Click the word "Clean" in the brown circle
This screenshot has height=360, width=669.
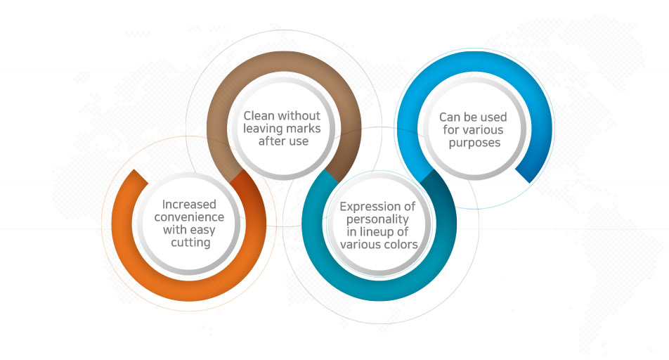pyautogui.click(x=259, y=116)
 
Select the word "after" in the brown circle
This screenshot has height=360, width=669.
pyautogui.click(x=271, y=141)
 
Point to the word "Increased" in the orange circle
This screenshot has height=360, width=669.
pyautogui.click(x=189, y=204)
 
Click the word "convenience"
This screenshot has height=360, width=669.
pyautogui.click(x=189, y=217)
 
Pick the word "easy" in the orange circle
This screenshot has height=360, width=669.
pyautogui.click(x=202, y=231)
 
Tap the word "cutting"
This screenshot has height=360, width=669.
pyautogui.click(x=190, y=243)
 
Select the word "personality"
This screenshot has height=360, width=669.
pyautogui.click(x=377, y=220)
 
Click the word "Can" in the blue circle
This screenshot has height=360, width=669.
pyautogui.click(x=449, y=117)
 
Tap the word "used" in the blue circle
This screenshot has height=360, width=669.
pyautogui.click(x=494, y=117)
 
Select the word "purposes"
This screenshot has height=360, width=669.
pyautogui.click(x=474, y=143)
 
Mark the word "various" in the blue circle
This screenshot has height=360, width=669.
pyautogui.click(x=483, y=130)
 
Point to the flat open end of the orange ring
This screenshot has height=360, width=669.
pyautogui.click(x=141, y=176)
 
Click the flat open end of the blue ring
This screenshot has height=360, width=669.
pyautogui.click(x=523, y=176)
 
